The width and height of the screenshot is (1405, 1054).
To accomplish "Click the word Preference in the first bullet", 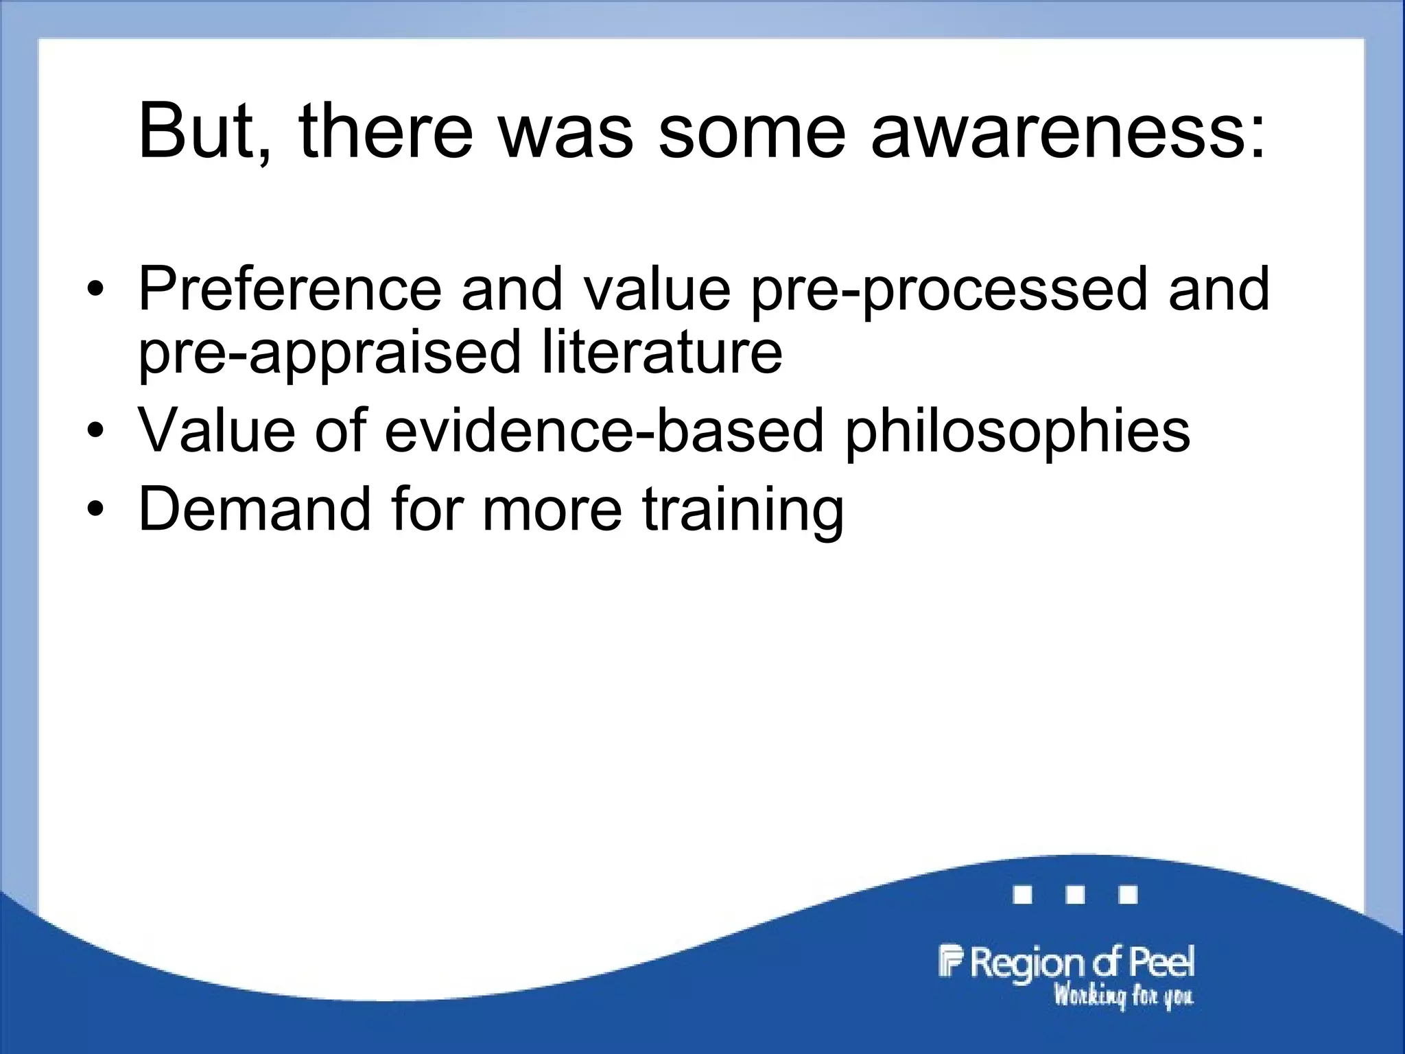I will (x=290, y=289).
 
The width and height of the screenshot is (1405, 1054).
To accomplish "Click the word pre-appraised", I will (x=330, y=354).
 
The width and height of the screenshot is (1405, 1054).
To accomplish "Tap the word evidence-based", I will (x=604, y=431).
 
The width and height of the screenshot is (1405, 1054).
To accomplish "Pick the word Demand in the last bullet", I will (x=255, y=509).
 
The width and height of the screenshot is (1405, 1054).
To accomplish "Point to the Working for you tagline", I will (x=1123, y=996).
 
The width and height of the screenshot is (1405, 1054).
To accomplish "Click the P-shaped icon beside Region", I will (x=951, y=961).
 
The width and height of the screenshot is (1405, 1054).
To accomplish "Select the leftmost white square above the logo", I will (x=1023, y=895).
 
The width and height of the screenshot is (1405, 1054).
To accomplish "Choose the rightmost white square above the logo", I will (x=1128, y=895).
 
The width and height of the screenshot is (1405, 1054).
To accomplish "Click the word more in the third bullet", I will (x=552, y=509).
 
